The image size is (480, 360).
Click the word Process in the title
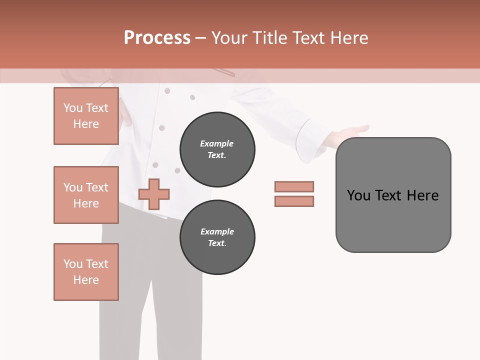[157, 38]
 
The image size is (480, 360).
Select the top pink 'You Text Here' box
[86, 116]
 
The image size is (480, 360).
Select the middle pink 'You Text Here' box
[86, 195]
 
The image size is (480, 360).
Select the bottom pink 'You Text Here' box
[86, 272]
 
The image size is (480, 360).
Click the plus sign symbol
[154, 194]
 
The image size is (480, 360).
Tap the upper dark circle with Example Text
[217, 149]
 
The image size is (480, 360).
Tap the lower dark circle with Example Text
[217, 237]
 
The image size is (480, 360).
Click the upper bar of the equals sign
[294, 186]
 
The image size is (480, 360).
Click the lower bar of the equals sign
[294, 201]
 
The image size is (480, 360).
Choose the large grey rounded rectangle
[393, 220]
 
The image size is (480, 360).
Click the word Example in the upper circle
[216, 143]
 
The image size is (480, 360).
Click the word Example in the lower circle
[217, 231]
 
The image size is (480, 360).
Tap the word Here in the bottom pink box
[86, 280]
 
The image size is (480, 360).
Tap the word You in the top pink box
[73, 108]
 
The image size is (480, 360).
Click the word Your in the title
[229, 38]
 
